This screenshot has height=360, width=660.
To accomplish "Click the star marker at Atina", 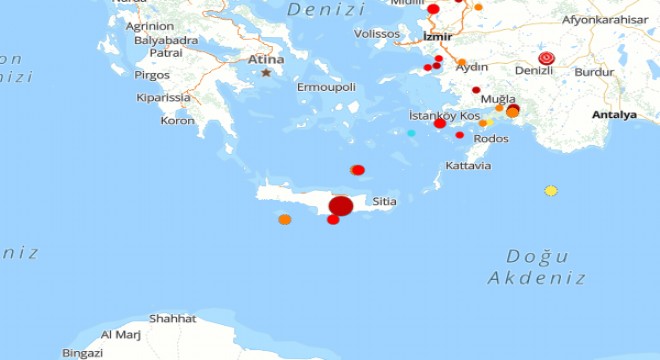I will tap(266, 72).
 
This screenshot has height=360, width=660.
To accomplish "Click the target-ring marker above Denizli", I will tap(546, 58).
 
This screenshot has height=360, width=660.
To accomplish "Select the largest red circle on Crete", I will tap(341, 206).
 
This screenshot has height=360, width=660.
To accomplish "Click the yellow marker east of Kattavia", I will tap(551, 190).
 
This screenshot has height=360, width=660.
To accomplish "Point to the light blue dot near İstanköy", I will tap(411, 133).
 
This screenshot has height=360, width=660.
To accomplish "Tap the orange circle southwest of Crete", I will tap(285, 219).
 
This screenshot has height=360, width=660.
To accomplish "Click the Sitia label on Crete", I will tap(384, 201).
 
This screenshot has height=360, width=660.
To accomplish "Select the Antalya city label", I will tap(614, 115).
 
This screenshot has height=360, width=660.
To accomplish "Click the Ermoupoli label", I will tap(326, 87).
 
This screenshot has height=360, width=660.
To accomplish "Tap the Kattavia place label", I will tap(468, 165).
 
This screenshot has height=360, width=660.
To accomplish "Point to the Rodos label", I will tap(491, 139).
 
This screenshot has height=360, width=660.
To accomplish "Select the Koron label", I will tap(177, 121).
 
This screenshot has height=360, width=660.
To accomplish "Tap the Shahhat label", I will tap(172, 319).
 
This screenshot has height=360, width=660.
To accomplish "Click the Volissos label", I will tap(377, 34).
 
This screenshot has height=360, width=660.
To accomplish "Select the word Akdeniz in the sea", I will tap(546, 279).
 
